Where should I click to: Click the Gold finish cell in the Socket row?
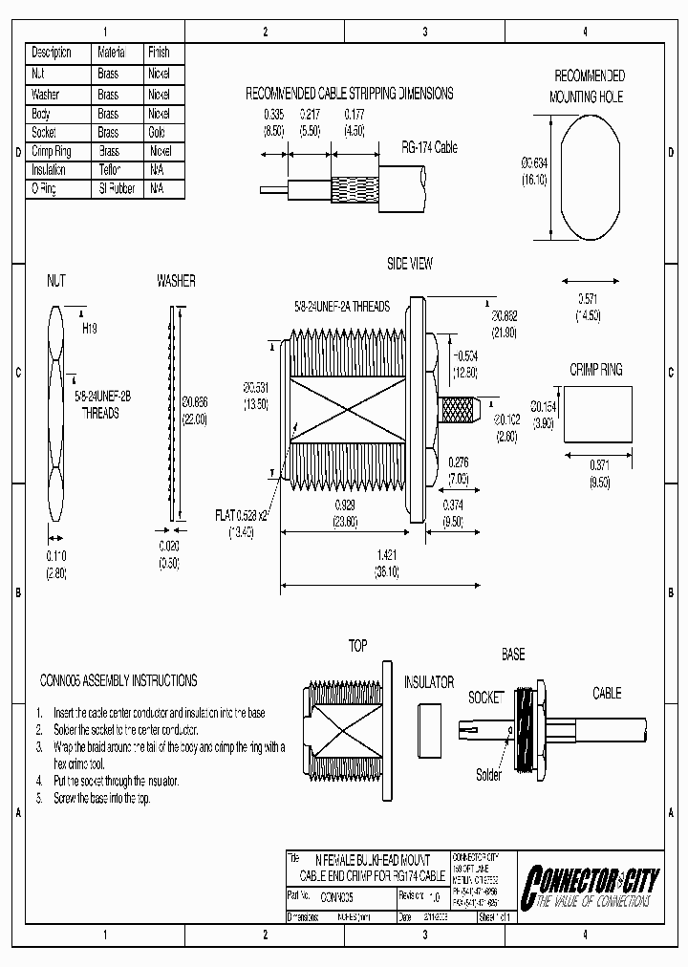click(x=157, y=133)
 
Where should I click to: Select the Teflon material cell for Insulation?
click(x=109, y=170)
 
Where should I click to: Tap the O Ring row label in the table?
click(x=44, y=189)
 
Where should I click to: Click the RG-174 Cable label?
click(x=429, y=148)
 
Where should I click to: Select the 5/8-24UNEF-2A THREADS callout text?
click(x=341, y=307)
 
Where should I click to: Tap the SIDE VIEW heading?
click(x=409, y=264)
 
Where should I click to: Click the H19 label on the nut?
click(x=90, y=327)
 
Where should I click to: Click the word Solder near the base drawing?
click(x=488, y=775)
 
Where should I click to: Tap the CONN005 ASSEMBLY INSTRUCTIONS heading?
click(x=118, y=680)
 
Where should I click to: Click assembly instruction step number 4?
click(x=39, y=781)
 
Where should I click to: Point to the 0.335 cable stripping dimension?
click(x=274, y=114)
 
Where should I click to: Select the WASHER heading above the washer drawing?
click(x=176, y=281)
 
